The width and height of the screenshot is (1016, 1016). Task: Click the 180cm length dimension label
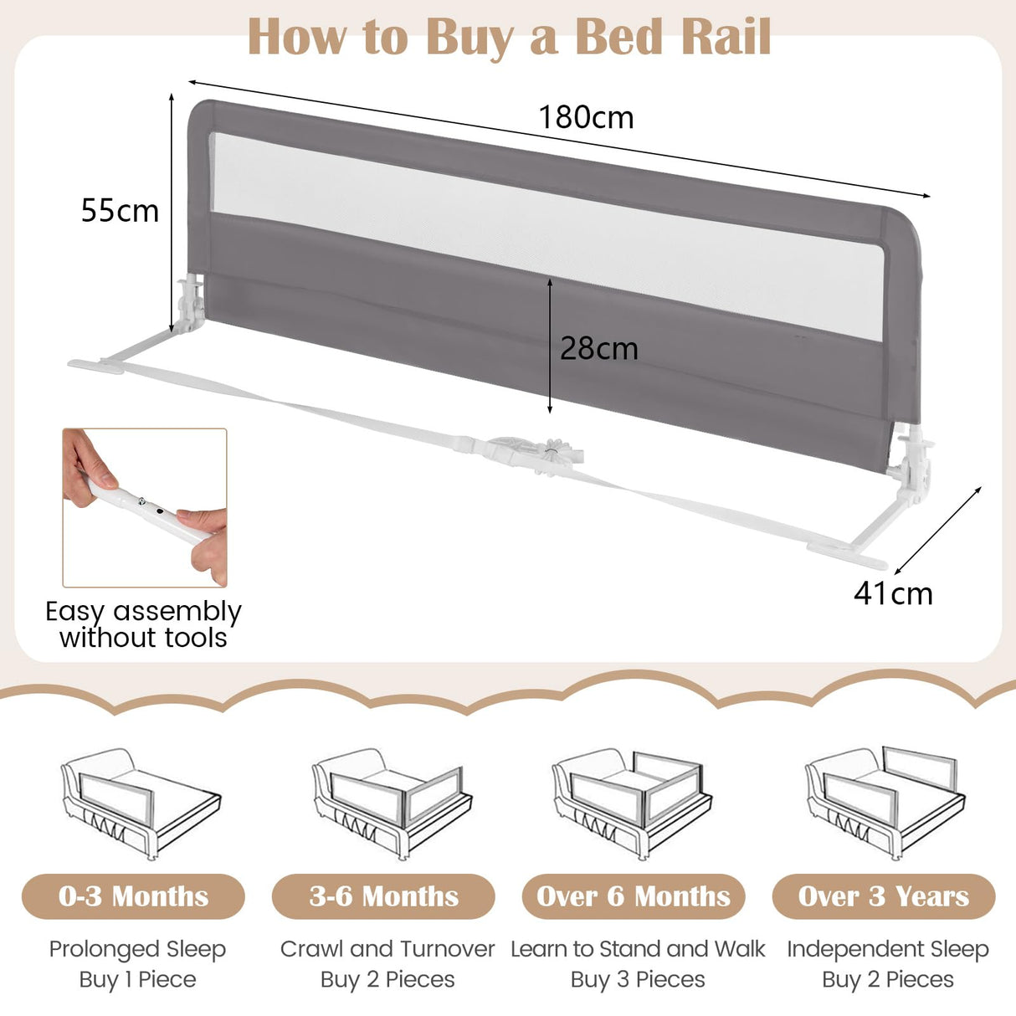586,117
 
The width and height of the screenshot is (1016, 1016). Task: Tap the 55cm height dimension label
120,211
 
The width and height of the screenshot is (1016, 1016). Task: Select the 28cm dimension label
598,348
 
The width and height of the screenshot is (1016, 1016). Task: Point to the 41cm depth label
893,593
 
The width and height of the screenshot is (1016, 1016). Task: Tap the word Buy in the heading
469,38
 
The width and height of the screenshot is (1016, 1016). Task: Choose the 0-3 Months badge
133,896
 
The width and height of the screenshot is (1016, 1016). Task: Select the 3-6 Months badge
383,896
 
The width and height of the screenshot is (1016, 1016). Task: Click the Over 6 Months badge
634,896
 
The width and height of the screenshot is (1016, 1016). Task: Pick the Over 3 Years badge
884,896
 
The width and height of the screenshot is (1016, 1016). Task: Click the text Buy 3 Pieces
638,979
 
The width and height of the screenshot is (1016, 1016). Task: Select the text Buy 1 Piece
137,979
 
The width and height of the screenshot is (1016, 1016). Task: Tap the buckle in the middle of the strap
536,452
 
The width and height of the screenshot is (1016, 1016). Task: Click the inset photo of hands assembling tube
145,508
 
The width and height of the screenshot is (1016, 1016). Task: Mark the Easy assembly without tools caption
143,624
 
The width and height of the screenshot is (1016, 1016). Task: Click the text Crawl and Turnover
387,949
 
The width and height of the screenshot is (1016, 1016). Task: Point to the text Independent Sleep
887,949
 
